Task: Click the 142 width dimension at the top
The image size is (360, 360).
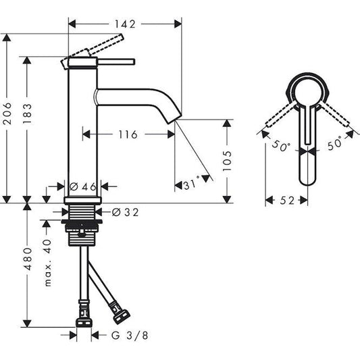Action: [x=125, y=24]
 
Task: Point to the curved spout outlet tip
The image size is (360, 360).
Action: [x=172, y=118]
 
